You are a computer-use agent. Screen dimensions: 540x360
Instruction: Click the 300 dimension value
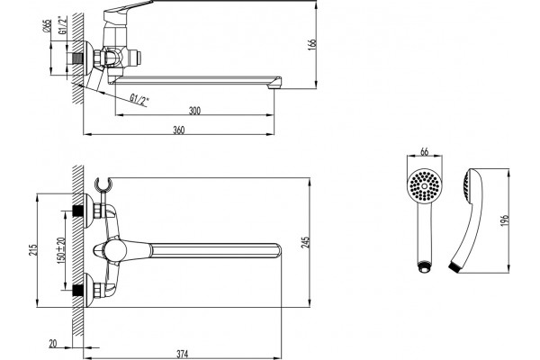194,111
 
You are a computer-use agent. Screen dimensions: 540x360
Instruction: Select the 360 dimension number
179,130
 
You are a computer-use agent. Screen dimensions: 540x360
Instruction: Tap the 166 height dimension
312,44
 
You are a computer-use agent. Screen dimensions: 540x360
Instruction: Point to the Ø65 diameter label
47,26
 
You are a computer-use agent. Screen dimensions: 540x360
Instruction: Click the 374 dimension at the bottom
183,354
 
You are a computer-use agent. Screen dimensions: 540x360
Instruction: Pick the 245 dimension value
306,242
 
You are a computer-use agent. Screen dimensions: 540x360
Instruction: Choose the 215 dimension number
32,250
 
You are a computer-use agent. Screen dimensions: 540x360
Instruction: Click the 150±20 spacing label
61,250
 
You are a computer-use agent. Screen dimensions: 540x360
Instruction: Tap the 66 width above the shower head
424,151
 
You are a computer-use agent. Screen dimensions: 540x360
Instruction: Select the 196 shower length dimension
505,220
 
